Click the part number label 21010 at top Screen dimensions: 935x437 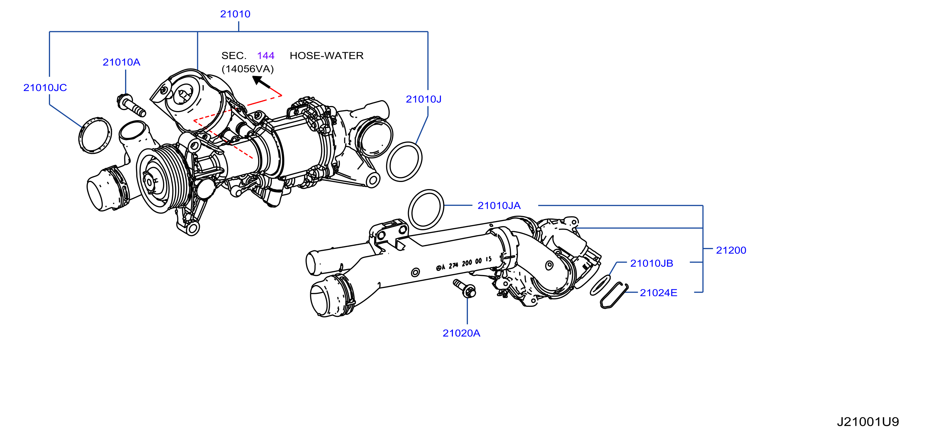[x=235, y=14]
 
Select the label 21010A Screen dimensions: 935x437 [x=121, y=62]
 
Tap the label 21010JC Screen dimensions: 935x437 [x=45, y=87]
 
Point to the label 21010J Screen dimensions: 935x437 [x=424, y=99]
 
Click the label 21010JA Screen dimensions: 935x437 [x=499, y=206]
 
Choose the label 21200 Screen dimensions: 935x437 [x=731, y=250]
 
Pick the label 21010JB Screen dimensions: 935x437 [x=652, y=263]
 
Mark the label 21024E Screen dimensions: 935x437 [x=658, y=293]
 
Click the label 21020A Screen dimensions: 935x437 [x=461, y=333]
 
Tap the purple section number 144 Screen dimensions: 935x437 [x=266, y=56]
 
